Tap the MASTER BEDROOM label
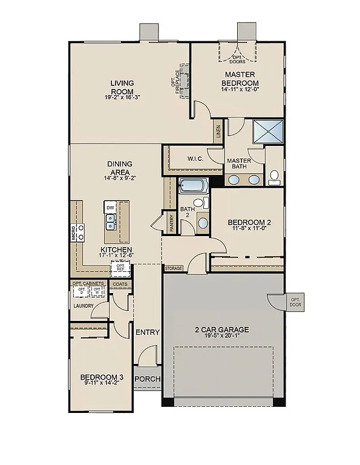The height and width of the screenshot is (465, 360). pos(238,79)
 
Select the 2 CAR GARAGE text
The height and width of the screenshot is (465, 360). pos(221,330)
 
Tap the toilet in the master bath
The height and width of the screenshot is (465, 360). pos(275,177)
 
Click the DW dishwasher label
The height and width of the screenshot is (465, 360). pos(110,208)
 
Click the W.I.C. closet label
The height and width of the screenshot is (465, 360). pos(195,159)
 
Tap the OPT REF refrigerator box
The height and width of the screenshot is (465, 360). pos(120,267)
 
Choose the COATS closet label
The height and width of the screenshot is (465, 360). pos(120,283)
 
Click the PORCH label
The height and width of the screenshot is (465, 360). pos(147,379)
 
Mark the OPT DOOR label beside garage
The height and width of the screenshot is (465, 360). pos(295,302)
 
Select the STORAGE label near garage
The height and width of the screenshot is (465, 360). pos(174,268)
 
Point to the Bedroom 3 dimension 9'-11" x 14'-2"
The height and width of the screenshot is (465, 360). pos(100,383)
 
